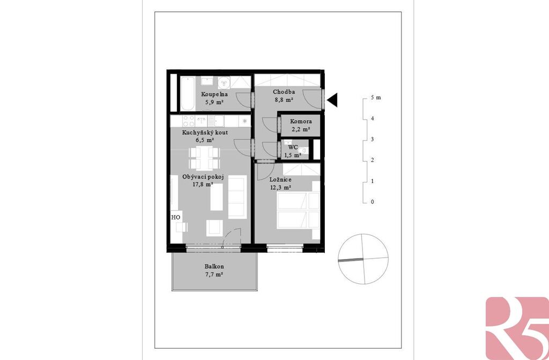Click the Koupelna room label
click(x=214, y=94)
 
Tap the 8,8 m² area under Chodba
click(x=284, y=100)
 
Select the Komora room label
click(x=301, y=121)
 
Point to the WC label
click(x=293, y=147)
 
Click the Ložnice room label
click(x=280, y=180)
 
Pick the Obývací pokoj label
click(x=203, y=177)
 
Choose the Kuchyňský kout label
click(x=205, y=133)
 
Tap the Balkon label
click(x=214, y=267)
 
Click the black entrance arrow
click(x=332, y=100)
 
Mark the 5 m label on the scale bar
click(x=376, y=98)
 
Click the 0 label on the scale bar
click(x=372, y=202)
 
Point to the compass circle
click(x=363, y=234)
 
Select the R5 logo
click(x=517, y=328)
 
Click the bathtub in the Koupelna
click(x=187, y=93)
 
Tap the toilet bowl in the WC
click(x=302, y=151)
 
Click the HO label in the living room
click(x=176, y=217)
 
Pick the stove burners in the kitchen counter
click(x=189, y=121)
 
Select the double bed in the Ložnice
click(x=298, y=210)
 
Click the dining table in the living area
click(x=204, y=158)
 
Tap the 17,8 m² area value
click(x=203, y=185)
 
